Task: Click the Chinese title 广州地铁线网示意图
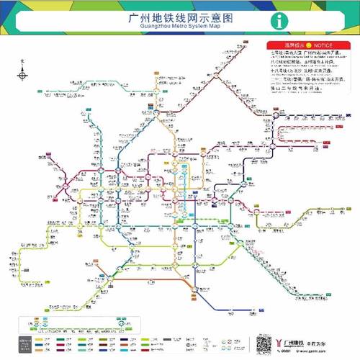tap(181, 16)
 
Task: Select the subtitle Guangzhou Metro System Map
tap(181, 26)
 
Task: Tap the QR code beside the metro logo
tap(266, 342)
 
